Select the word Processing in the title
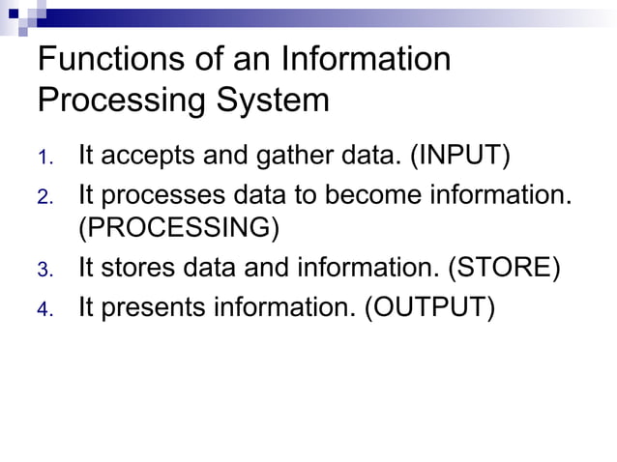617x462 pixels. (x=114, y=101)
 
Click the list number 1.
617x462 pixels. (x=44, y=157)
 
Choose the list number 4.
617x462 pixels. (x=44, y=308)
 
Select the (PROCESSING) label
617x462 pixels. (x=179, y=229)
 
